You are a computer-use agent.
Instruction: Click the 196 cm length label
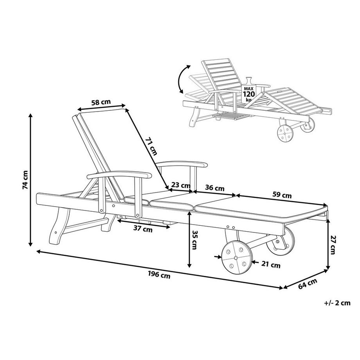pyautogui.click(x=159, y=275)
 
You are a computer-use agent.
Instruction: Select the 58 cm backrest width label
pyautogui.click(x=101, y=102)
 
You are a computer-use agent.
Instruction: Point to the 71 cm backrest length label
pyautogui.click(x=151, y=146)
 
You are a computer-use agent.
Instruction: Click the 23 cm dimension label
pyautogui.click(x=181, y=185)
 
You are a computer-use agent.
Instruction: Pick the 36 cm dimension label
pyautogui.click(x=214, y=188)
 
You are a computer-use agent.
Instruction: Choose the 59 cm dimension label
pyautogui.click(x=282, y=195)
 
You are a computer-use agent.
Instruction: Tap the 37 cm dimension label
pyautogui.click(x=143, y=229)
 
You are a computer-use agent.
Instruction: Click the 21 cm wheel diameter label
pyautogui.click(x=271, y=265)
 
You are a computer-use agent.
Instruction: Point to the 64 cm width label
pyautogui.click(x=308, y=284)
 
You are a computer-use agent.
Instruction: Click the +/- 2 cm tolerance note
pyautogui.click(x=337, y=303)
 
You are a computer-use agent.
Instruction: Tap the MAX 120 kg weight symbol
pyautogui.click(x=248, y=91)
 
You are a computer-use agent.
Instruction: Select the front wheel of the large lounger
pyautogui.click(x=237, y=257)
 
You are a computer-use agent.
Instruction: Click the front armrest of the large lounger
pyautogui.click(x=119, y=175)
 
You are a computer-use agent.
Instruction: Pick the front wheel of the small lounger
pyautogui.click(x=285, y=133)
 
